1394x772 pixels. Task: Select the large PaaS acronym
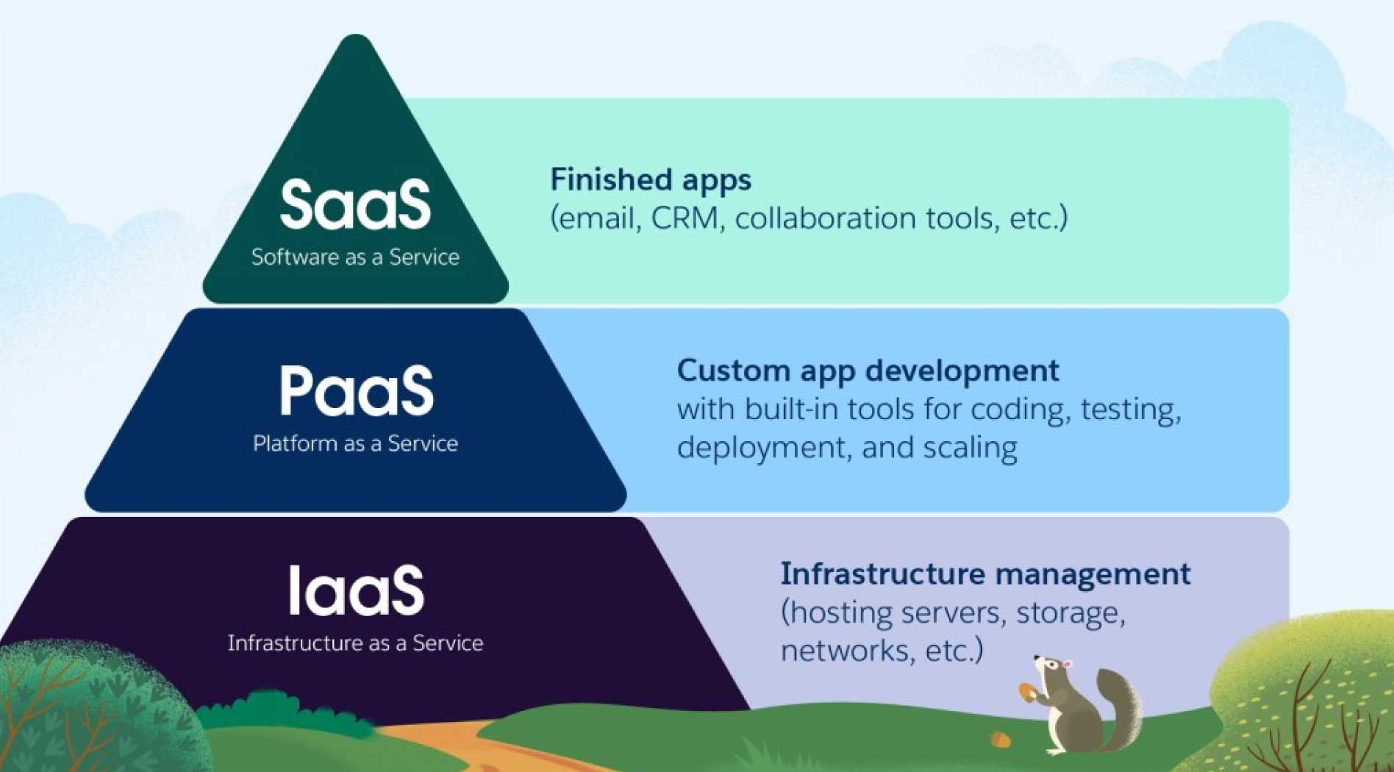[356, 390]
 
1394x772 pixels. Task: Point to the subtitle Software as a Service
[355, 257]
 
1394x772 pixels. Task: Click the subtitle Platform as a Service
[355, 443]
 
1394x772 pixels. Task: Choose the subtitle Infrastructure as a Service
[355, 643]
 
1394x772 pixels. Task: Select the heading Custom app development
[868, 371]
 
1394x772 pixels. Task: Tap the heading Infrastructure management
[985, 574]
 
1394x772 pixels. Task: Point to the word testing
[1131, 410]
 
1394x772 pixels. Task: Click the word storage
[1070, 613]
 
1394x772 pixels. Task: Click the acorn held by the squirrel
[1027, 692]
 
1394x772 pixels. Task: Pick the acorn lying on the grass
[998, 738]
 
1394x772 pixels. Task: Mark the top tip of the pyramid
[356, 35]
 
